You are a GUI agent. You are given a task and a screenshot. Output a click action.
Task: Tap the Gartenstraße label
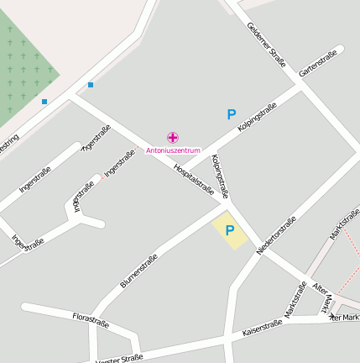[318, 64]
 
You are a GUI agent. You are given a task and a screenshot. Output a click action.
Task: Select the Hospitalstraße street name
[195, 179]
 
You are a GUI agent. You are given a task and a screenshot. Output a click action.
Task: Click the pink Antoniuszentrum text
[173, 150]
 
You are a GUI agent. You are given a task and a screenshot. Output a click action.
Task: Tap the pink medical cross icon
[173, 137]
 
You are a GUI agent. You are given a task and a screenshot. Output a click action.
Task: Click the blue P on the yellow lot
[229, 229]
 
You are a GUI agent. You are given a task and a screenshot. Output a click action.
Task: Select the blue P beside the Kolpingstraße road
[232, 114]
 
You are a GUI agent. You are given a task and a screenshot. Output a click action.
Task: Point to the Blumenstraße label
[138, 271]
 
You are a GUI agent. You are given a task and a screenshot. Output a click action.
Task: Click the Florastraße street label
[91, 319]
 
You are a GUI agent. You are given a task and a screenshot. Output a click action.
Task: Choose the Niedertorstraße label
[277, 236]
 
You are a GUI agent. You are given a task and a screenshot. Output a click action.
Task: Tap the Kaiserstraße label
[262, 327]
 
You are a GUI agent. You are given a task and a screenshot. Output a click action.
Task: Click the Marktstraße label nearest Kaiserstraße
[295, 300]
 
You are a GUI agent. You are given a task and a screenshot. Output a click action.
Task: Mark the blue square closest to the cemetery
[44, 102]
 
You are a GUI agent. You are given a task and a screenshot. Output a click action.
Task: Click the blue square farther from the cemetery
[91, 84]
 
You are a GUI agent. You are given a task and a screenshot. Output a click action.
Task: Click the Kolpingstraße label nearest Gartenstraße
[257, 116]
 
